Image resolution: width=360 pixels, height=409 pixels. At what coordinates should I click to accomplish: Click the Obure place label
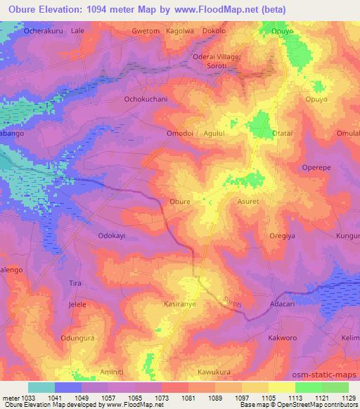180,202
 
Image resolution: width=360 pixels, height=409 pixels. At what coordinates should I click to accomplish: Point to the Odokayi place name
111,236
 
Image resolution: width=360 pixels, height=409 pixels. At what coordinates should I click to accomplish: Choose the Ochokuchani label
146,99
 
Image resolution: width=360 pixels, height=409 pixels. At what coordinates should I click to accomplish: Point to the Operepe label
316,167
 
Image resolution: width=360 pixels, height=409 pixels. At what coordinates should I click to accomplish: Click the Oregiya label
285,235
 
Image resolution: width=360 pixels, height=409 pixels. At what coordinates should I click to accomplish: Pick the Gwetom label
146,32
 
